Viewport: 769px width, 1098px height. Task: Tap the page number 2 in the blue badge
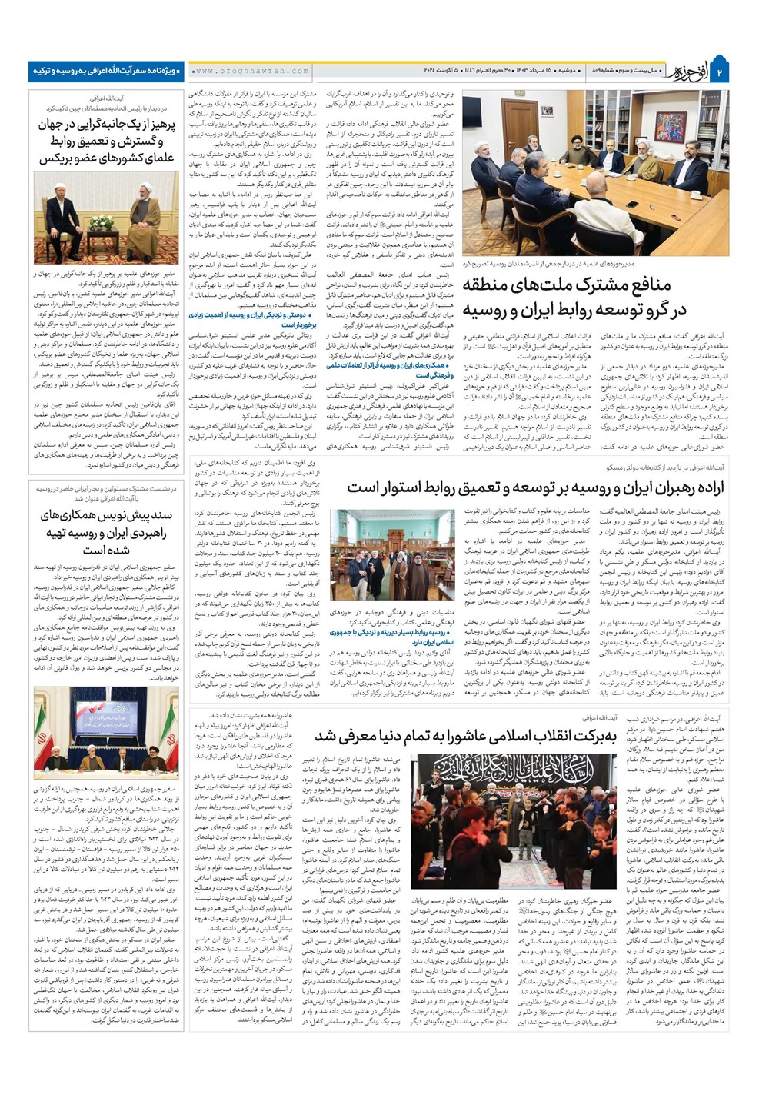point(721,72)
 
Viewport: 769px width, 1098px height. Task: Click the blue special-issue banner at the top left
point(106,71)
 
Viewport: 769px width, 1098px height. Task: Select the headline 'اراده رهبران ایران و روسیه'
point(535,487)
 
